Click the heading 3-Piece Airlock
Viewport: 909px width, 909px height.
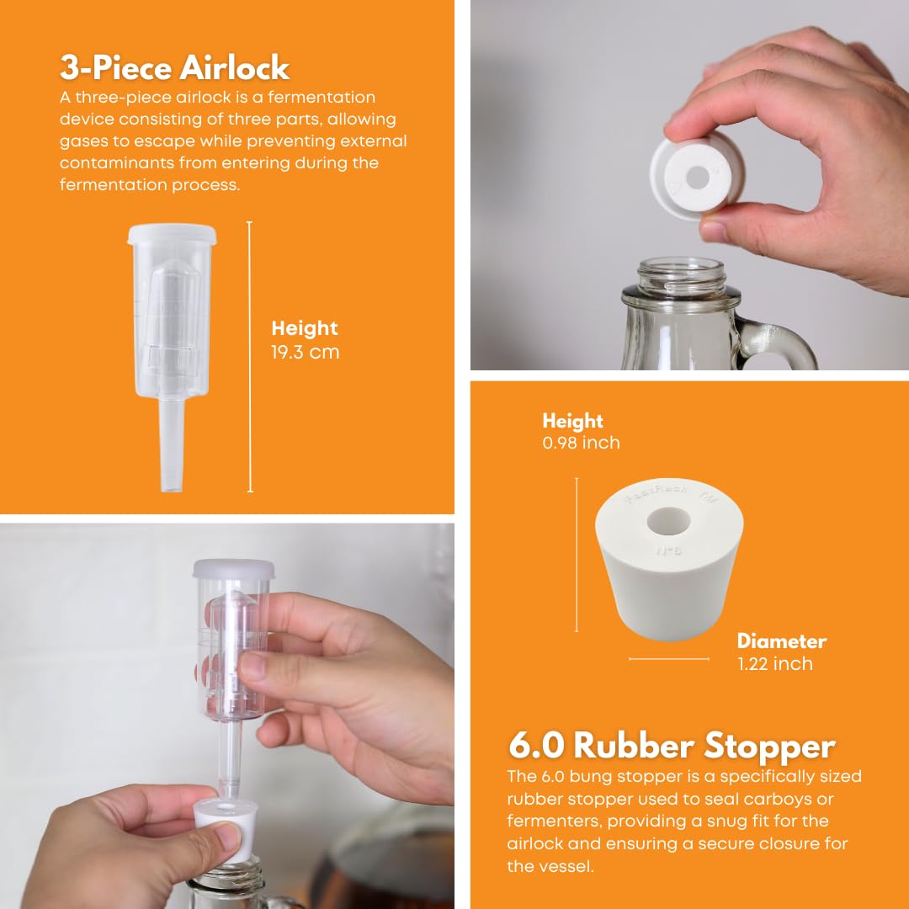pyautogui.click(x=174, y=67)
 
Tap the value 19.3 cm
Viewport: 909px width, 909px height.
pyautogui.click(x=305, y=352)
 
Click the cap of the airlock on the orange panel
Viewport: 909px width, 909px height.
pyautogui.click(x=173, y=234)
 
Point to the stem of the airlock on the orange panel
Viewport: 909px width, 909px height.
pyautogui.click(x=171, y=444)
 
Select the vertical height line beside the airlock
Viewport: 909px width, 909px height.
pyautogui.click(x=250, y=357)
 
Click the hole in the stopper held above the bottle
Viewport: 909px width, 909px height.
pyautogui.click(x=698, y=178)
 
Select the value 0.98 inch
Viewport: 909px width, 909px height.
pyautogui.click(x=581, y=443)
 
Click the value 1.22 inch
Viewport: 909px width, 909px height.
pyautogui.click(x=774, y=664)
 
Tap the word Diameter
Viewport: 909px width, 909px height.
pyautogui.click(x=781, y=641)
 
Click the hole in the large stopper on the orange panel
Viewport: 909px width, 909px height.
pyautogui.click(x=668, y=521)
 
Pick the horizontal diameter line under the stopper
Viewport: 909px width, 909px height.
pyautogui.click(x=669, y=659)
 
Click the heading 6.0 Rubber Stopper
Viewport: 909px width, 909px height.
pyautogui.click(x=672, y=746)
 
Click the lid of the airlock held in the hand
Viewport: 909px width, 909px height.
pyautogui.click(x=234, y=569)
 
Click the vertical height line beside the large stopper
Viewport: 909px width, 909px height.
pyautogui.click(x=577, y=555)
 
